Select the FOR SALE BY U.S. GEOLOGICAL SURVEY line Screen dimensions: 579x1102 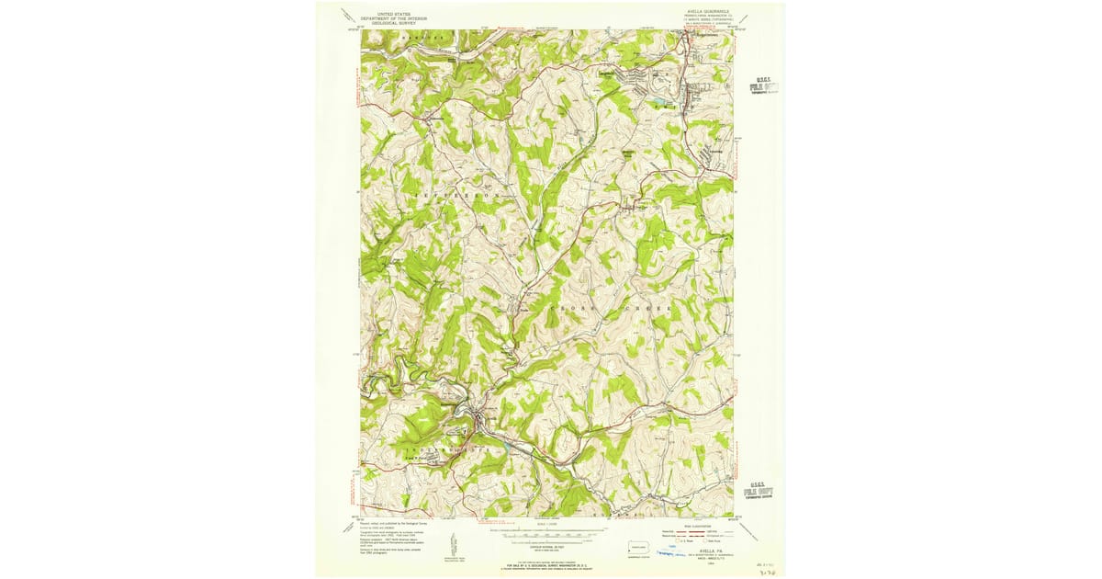(551, 562)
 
